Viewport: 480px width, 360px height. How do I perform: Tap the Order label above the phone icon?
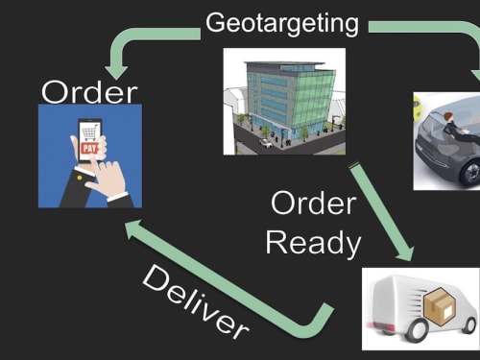pyautogui.click(x=89, y=92)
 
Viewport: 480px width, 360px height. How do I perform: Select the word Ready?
pyautogui.click(x=313, y=244)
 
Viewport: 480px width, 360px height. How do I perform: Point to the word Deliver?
pyautogui.click(x=195, y=301)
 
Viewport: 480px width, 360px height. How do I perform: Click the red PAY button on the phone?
pyautogui.click(x=89, y=148)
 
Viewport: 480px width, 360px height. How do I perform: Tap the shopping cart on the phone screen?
pyautogui.click(x=90, y=133)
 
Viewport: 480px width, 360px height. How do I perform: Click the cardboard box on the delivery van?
pyautogui.click(x=440, y=305)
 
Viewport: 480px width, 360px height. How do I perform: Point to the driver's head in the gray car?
pyautogui.click(x=449, y=117)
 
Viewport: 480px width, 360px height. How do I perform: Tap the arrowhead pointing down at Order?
pyautogui.click(x=116, y=73)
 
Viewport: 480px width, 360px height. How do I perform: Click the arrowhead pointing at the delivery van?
pyautogui.click(x=405, y=252)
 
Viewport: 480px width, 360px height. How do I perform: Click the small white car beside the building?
pyautogui.click(x=265, y=143)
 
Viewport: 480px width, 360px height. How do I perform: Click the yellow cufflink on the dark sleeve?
pyautogui.click(x=80, y=178)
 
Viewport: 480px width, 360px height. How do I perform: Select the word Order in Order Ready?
pyautogui.click(x=313, y=204)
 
